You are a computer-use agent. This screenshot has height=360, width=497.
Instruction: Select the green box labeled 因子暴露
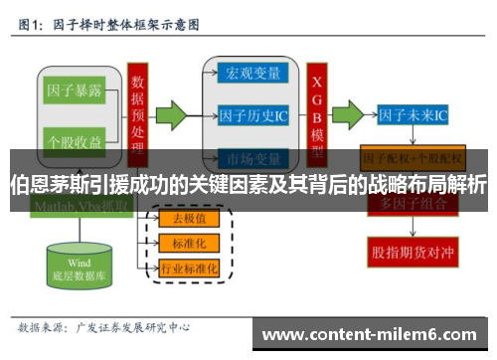[x=77, y=90]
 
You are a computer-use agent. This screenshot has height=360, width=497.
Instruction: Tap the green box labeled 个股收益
[x=77, y=141]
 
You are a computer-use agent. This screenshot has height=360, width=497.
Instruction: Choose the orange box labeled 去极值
[x=189, y=219]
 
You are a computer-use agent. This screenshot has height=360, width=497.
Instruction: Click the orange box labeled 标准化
[x=189, y=242]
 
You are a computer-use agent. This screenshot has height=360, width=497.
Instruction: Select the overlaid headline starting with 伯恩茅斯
[x=248, y=185]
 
